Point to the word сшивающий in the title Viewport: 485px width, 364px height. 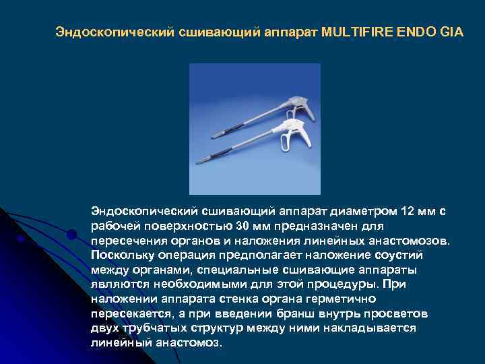(x=215, y=32)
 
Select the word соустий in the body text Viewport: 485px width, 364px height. (x=402, y=255)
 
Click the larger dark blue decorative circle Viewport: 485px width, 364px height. (x=71, y=235)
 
